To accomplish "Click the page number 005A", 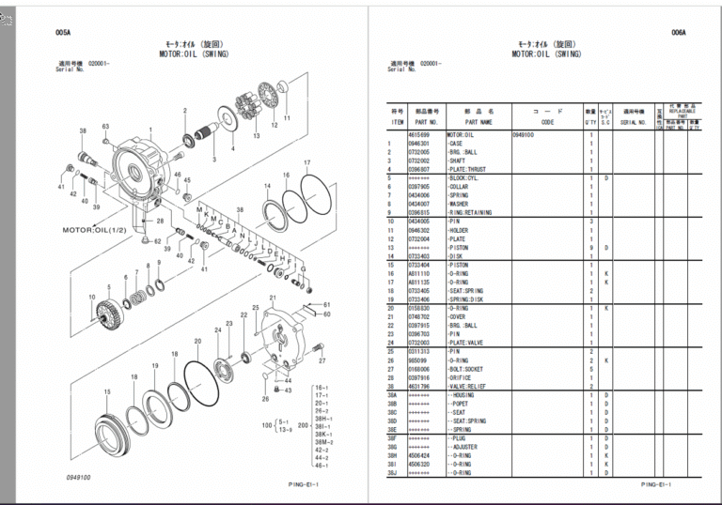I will click(62, 32).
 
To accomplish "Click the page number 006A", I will click(679, 32).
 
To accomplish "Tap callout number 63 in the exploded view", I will click(105, 126).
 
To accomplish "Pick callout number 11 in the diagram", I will click(287, 118).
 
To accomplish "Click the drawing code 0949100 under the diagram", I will click(78, 477).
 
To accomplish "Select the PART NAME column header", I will click(479, 121).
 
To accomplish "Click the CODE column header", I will click(547, 121).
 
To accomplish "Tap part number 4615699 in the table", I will click(419, 135).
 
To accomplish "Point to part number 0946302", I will click(419, 230).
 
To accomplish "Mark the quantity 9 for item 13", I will click(590, 247).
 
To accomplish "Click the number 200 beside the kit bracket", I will click(303, 424).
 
